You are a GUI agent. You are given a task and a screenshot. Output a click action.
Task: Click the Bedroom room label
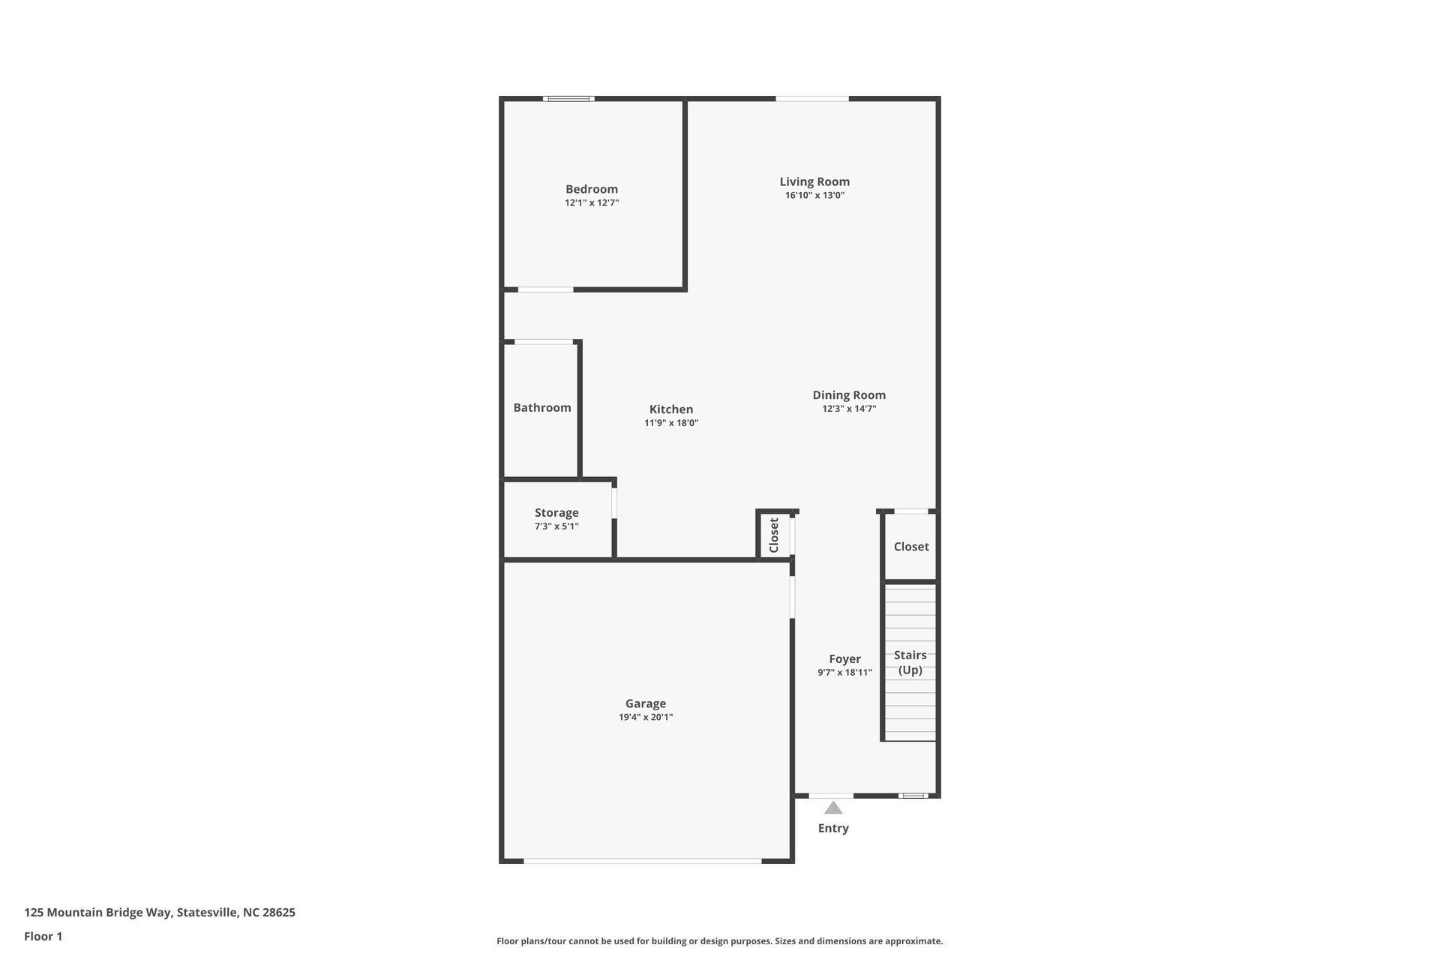[x=591, y=189]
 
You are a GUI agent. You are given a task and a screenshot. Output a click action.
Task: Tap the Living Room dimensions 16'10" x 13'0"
[x=814, y=196]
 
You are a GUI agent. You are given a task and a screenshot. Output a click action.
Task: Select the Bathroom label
[x=541, y=407]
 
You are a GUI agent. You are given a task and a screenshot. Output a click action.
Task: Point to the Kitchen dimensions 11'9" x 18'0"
[x=670, y=423]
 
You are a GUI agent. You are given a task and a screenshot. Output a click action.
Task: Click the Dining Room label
[x=848, y=394]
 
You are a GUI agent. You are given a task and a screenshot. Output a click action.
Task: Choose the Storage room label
[x=556, y=512]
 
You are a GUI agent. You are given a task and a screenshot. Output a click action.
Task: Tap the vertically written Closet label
[x=774, y=535]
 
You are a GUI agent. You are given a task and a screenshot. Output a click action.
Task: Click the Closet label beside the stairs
[x=910, y=547]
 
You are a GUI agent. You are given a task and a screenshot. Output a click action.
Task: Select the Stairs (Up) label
[x=910, y=662]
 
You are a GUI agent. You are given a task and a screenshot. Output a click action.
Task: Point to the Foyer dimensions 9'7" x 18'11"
[x=844, y=673]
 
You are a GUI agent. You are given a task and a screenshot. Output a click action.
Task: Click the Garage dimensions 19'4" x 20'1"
[x=645, y=717]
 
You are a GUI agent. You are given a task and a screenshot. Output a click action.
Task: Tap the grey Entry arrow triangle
[x=833, y=808]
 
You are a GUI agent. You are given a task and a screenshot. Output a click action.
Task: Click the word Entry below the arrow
[x=832, y=828]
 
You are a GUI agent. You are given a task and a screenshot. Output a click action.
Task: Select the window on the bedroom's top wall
[x=568, y=98]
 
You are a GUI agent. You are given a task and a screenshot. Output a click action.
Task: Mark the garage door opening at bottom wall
[x=642, y=861]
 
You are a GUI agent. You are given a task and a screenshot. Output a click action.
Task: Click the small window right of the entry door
[x=913, y=796]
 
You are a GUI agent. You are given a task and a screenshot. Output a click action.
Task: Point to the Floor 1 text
[x=43, y=936]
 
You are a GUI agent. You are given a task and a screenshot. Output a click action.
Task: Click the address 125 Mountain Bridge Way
[x=159, y=913]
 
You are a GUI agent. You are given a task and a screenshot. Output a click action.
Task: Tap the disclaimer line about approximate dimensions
[x=719, y=941]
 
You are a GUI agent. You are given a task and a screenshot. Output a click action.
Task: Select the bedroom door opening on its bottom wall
[x=545, y=289]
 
